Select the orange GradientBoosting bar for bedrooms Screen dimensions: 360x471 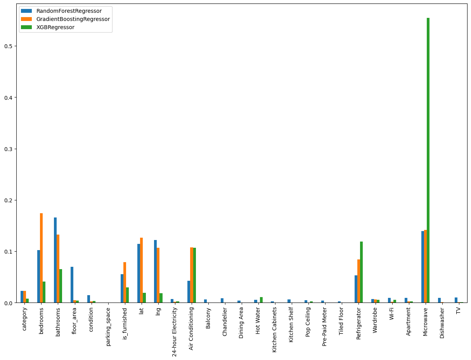[x=41, y=258]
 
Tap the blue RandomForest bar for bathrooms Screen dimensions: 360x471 [x=55, y=260]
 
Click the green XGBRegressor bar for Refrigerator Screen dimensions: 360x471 [x=361, y=272]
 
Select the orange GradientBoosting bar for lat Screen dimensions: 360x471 [x=142, y=270]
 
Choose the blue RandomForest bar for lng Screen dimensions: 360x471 [x=155, y=271]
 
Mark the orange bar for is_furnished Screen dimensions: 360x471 [x=125, y=282]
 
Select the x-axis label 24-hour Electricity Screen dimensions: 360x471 [x=175, y=332]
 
